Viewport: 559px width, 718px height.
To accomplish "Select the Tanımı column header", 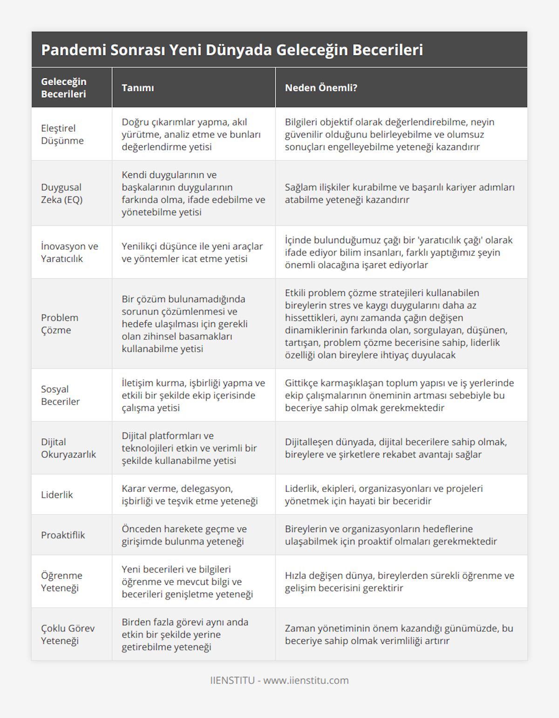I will tap(138, 88).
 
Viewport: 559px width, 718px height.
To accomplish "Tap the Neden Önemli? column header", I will tap(321, 88).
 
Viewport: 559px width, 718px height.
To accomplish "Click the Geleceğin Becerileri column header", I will tap(64, 88).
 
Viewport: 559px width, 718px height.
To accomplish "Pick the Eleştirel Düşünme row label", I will tap(62, 134).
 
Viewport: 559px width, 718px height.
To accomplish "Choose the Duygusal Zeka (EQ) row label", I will tap(61, 193).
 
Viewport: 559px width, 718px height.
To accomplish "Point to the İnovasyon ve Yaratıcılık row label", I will tap(69, 252).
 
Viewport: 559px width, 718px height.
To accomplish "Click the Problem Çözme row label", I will tap(60, 324).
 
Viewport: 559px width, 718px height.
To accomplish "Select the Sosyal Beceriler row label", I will tap(60, 395).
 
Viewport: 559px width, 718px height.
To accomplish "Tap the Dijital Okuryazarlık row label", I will tap(68, 448).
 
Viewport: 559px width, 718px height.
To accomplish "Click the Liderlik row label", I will tap(57, 495).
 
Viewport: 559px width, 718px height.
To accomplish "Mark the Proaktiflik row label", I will tap(63, 535).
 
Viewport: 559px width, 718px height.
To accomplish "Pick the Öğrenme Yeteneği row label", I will tap(61, 581).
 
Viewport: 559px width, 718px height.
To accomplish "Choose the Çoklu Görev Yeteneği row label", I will tap(68, 634).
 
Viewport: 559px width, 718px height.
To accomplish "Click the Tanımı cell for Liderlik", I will tap(190, 495).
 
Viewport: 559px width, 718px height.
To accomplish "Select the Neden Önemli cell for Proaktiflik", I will tap(391, 535).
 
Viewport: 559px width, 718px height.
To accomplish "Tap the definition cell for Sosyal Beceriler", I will tap(193, 395).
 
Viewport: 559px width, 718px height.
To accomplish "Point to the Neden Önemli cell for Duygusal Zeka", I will tap(400, 193).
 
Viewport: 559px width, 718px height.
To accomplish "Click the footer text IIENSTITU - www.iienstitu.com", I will tap(279, 680).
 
